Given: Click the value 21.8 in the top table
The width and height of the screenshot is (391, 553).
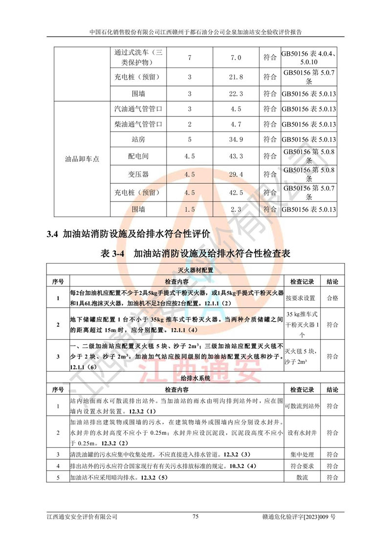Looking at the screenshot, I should (236, 77).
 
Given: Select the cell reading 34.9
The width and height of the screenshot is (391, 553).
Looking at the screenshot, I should (236, 140).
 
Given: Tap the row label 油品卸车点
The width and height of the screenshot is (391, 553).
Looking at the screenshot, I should (82, 159).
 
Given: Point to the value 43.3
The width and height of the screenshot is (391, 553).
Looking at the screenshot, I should (236, 156).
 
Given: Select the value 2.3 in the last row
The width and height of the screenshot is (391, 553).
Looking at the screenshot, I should (236, 209).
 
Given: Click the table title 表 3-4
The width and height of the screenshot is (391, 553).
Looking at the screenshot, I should (113, 253).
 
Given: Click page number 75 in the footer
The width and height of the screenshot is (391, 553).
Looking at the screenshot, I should (195, 516).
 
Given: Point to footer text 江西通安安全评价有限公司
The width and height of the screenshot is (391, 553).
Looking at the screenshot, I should (82, 516).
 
